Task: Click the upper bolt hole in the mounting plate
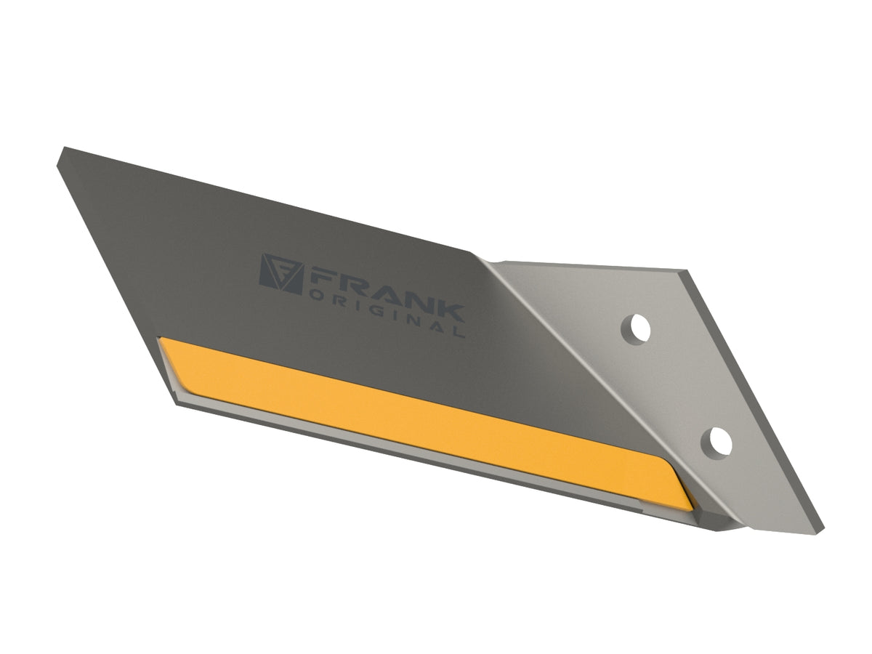click(x=636, y=330)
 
